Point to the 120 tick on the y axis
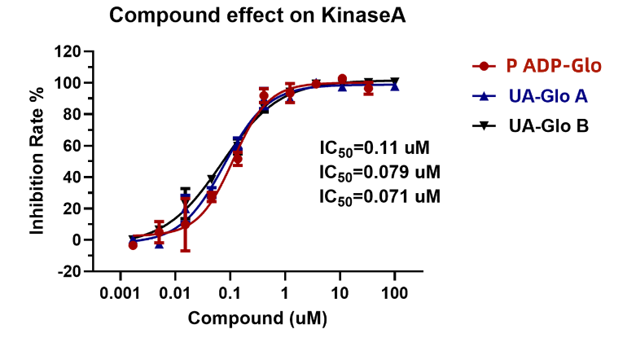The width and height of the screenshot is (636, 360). click(68, 51)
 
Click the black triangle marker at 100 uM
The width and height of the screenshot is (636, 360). click(395, 81)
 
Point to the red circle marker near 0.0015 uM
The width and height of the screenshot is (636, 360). click(133, 244)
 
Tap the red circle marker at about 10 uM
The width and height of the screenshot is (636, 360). click(342, 79)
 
